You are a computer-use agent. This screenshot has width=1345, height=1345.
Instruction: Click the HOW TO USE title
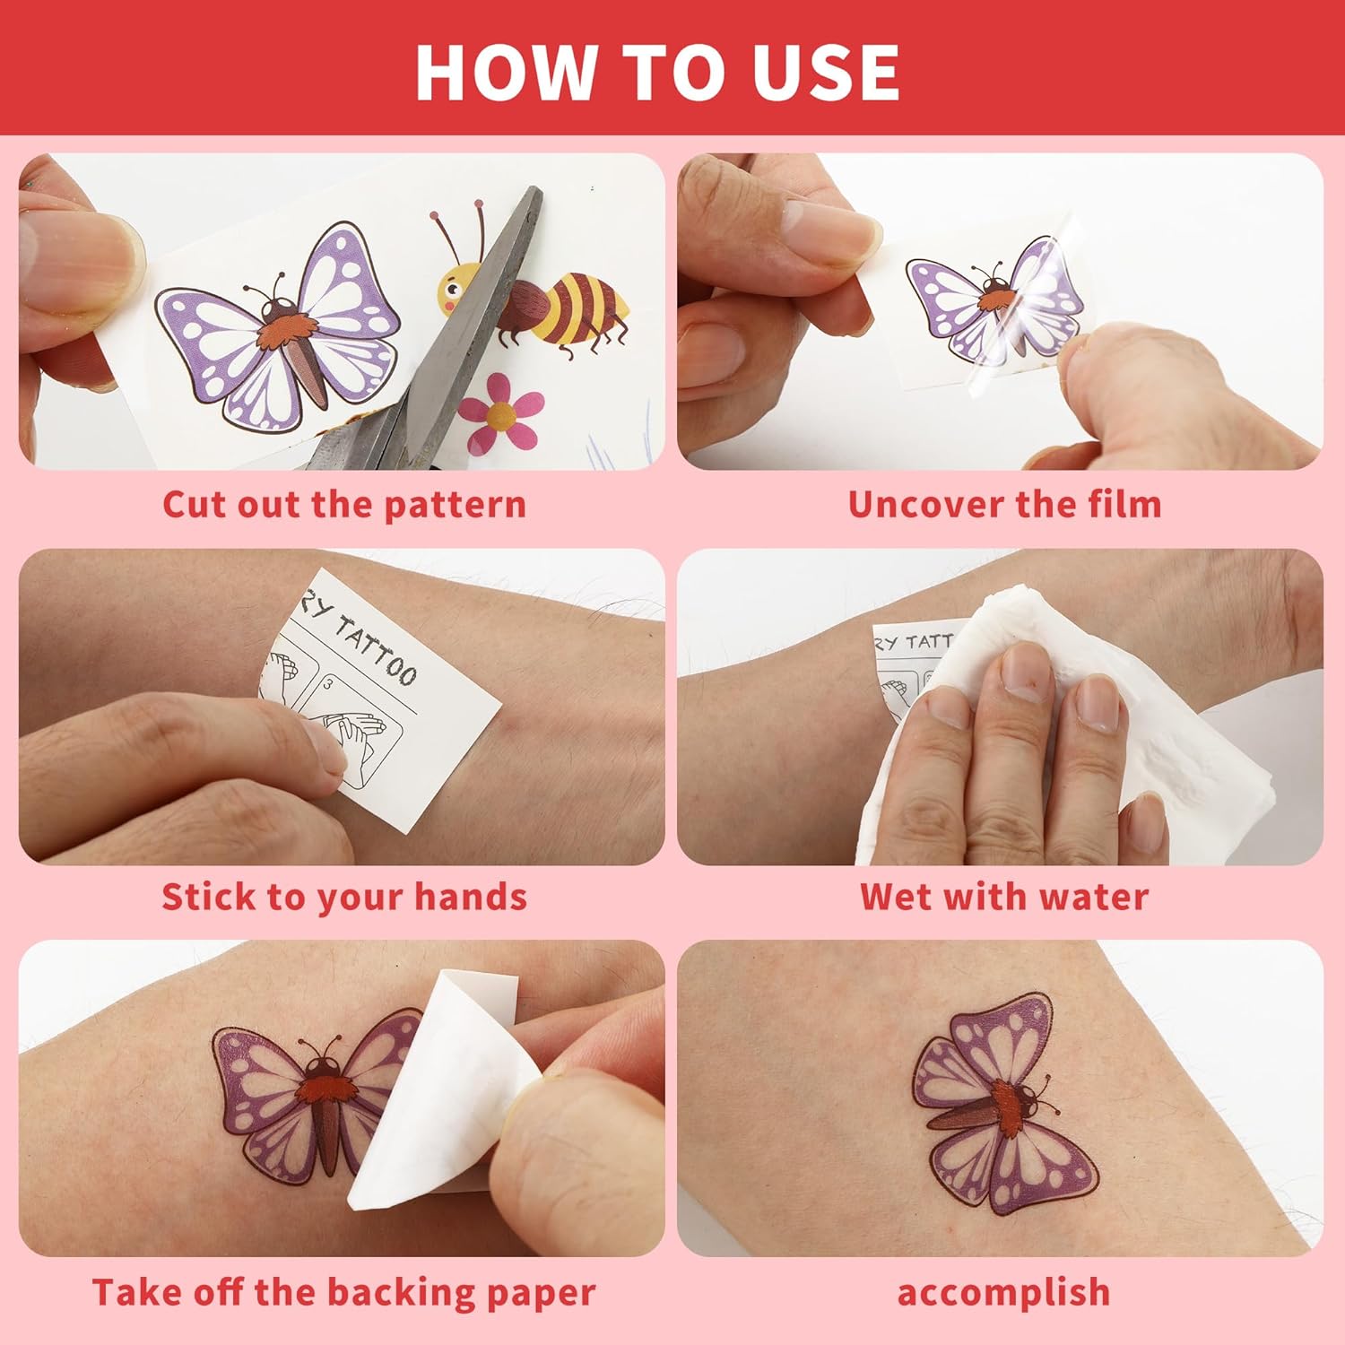(x=657, y=72)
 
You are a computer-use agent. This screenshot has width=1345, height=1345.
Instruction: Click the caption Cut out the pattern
(x=344, y=504)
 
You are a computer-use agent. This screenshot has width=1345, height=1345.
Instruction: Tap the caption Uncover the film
(x=1004, y=504)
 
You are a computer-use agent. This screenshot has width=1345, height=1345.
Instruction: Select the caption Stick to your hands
(x=344, y=897)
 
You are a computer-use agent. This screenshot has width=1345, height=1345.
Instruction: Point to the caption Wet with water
(x=1004, y=897)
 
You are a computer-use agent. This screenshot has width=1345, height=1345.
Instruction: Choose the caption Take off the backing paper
(x=344, y=1292)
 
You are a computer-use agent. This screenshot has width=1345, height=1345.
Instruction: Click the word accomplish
(x=1004, y=1293)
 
